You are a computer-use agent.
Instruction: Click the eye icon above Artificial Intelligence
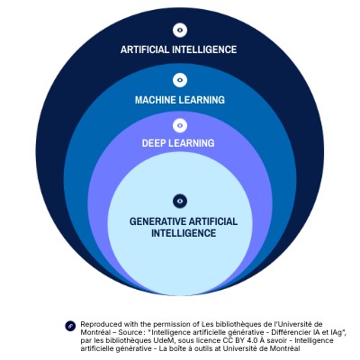[180, 31]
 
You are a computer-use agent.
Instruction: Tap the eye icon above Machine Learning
[180, 80]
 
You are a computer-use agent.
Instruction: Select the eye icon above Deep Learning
[180, 126]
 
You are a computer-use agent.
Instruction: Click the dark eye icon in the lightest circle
[180, 201]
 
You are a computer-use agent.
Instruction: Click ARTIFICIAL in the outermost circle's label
[145, 49]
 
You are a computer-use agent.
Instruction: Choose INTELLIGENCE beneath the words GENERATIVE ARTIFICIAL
[184, 233]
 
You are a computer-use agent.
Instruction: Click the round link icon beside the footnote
[70, 326]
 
